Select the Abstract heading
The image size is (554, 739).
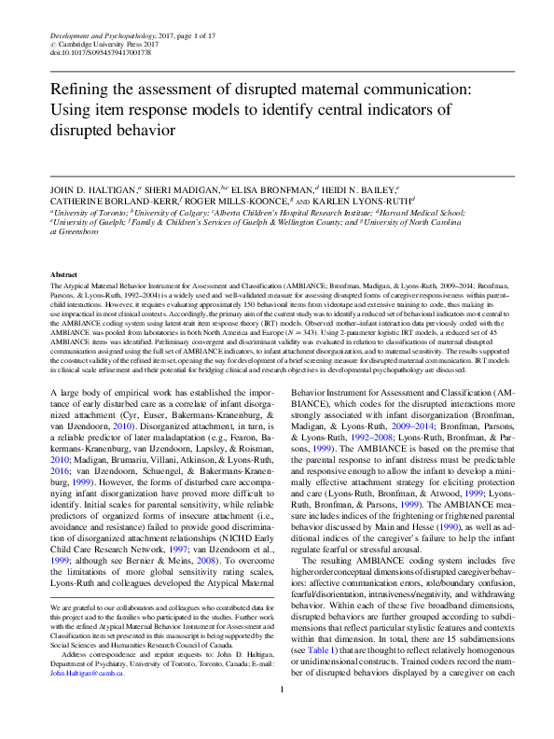point(63,275)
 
